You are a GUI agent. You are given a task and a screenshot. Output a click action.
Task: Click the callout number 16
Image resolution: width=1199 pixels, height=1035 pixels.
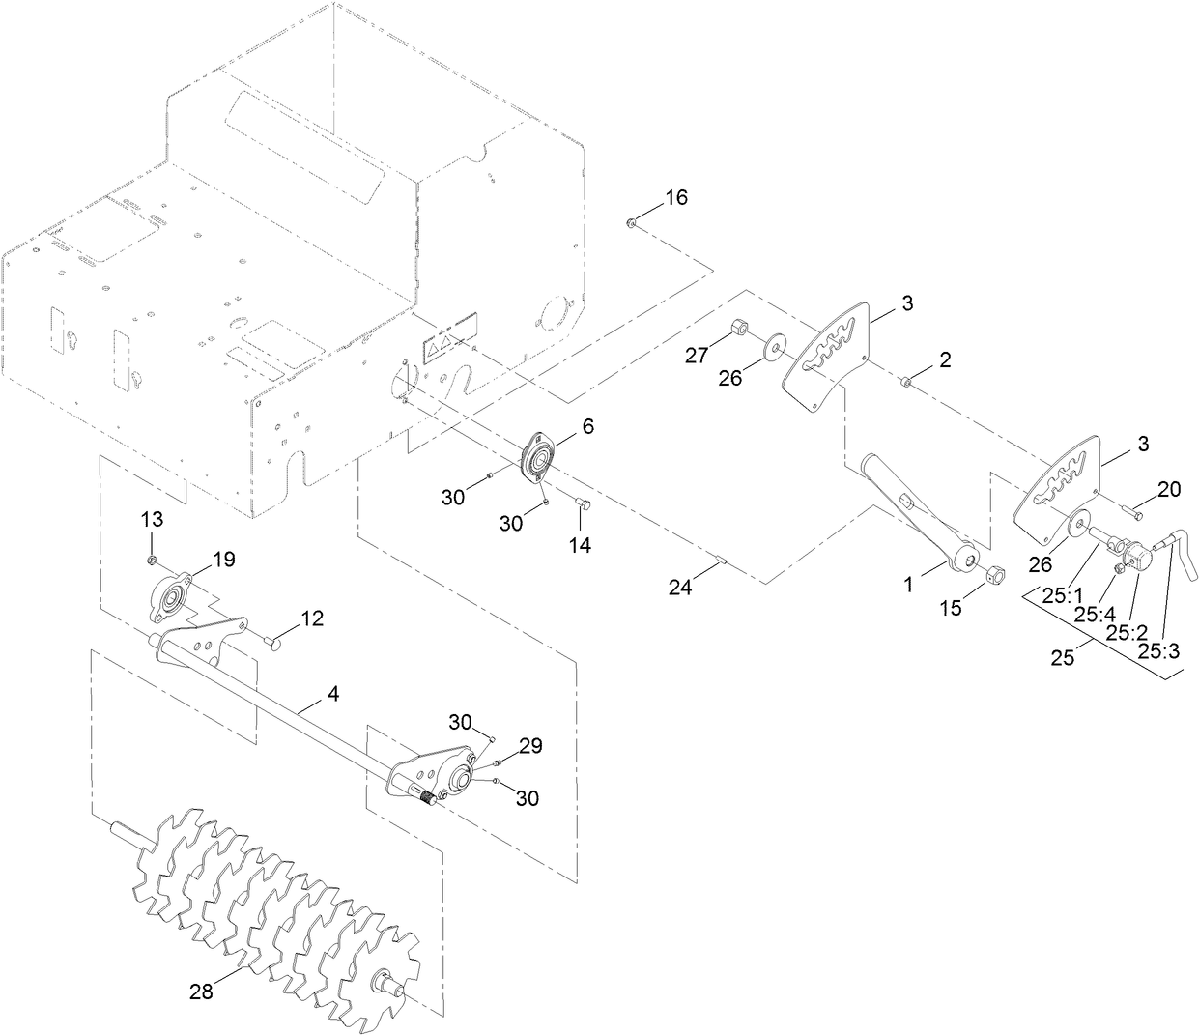(x=675, y=197)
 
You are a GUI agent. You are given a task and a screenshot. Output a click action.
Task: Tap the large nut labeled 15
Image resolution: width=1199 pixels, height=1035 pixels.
(x=993, y=576)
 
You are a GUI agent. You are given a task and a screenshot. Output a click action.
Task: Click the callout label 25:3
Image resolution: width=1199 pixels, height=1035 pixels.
(x=1157, y=650)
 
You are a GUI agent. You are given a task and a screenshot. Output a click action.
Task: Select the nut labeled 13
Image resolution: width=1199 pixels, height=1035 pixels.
(x=153, y=560)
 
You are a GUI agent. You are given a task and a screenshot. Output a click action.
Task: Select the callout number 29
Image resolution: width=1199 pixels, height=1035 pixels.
(x=530, y=745)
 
